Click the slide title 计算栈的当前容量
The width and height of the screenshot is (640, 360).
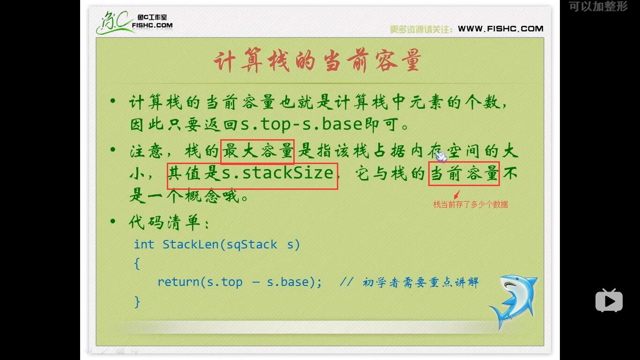(x=317, y=61)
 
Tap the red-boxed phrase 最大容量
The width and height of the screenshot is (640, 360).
(x=257, y=151)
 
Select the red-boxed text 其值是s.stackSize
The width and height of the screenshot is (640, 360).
(x=252, y=174)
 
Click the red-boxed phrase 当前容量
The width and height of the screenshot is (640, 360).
(x=464, y=173)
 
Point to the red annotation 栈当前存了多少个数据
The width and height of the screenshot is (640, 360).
(x=470, y=204)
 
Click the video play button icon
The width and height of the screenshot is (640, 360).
(x=609, y=300)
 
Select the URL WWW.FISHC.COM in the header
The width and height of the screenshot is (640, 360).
(x=500, y=29)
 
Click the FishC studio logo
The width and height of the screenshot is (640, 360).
(x=135, y=22)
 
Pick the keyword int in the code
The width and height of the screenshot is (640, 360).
(x=144, y=244)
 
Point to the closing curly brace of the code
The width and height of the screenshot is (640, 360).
(x=137, y=301)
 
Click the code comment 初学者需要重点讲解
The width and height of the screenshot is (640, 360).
(x=420, y=282)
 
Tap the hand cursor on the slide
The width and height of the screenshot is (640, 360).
(x=440, y=156)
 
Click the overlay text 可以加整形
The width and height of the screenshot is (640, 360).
(x=598, y=7)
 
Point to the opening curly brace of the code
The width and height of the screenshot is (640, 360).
(x=137, y=263)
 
